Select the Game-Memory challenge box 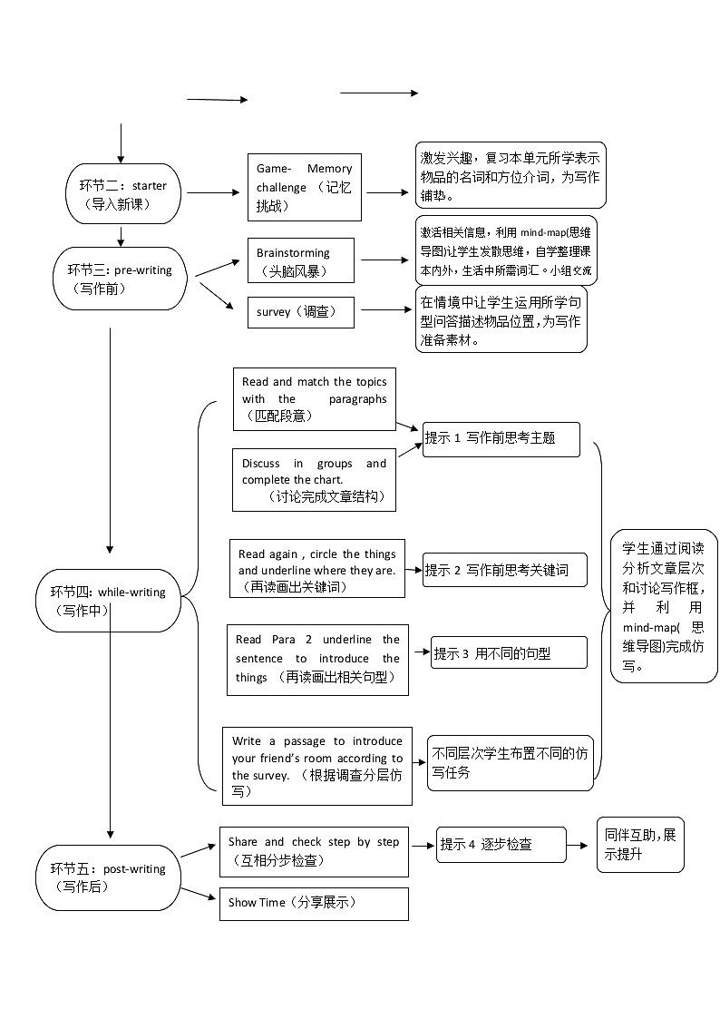pyautogui.click(x=304, y=187)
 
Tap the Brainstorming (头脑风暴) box pyautogui.click(x=300, y=261)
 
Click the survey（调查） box pyautogui.click(x=300, y=312)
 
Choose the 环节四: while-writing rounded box pyautogui.click(x=109, y=601)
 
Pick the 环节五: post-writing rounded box pyautogui.click(x=109, y=877)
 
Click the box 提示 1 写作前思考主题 pyautogui.click(x=501, y=438)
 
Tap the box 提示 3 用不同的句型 pyautogui.click(x=509, y=652)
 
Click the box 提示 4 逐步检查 pyautogui.click(x=501, y=844)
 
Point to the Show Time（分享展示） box pyautogui.click(x=314, y=903)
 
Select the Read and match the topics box pyautogui.click(x=314, y=399)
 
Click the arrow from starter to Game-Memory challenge pyautogui.click(x=210, y=192)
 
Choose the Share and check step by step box pyautogui.click(x=314, y=851)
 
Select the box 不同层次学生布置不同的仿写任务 pyautogui.click(x=511, y=762)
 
